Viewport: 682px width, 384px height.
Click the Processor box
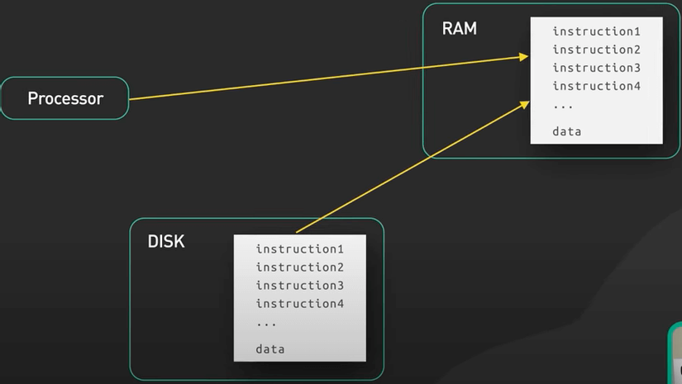64,98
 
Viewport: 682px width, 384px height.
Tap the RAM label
460,29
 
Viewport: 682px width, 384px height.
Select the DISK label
166,242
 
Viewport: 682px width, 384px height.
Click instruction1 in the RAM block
596,31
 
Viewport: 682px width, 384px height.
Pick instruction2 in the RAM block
596,50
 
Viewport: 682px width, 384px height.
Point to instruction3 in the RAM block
596,68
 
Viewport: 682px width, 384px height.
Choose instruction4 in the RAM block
596,86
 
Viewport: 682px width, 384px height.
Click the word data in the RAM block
567,131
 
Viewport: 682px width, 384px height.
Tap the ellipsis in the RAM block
563,105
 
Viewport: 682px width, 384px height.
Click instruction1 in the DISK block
299,249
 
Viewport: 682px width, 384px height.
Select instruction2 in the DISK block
299,267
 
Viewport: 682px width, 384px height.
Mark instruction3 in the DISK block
299,285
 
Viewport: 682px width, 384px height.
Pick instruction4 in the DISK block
299,303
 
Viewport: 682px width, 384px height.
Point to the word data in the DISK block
270,349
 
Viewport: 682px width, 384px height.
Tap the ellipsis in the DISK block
266,323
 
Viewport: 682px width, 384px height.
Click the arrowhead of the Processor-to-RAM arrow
525,57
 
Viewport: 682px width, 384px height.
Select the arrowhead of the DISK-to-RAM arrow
525,102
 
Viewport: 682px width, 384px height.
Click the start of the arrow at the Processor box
131,98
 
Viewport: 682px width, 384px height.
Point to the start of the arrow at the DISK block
296,233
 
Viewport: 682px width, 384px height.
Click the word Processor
65,98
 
